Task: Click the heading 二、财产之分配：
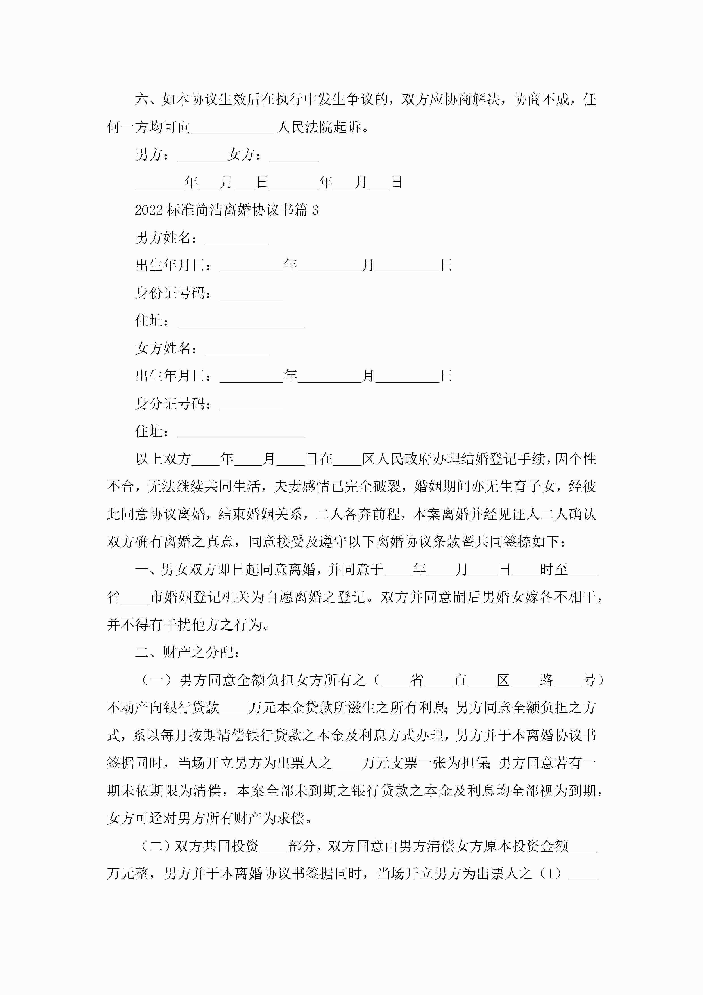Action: pyautogui.click(x=187, y=652)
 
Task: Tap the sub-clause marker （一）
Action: pyautogui.click(x=157, y=680)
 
